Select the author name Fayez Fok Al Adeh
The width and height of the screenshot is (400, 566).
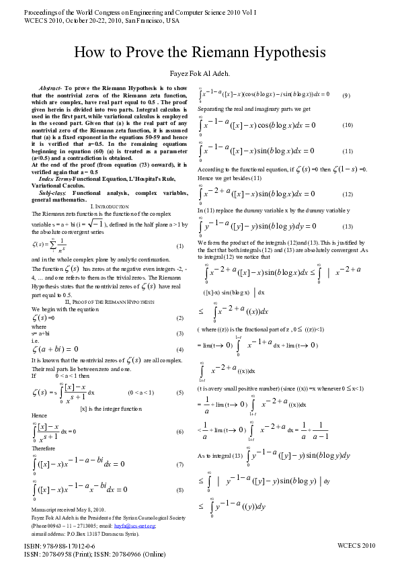[x=199, y=72]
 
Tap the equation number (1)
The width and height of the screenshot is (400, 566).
[x=179, y=246]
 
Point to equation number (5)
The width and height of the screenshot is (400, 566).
[x=179, y=392]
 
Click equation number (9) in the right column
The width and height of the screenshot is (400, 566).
[x=346, y=95]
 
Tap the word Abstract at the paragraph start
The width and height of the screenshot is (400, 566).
[x=50, y=89]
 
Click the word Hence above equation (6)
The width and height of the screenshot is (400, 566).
[x=39, y=416]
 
